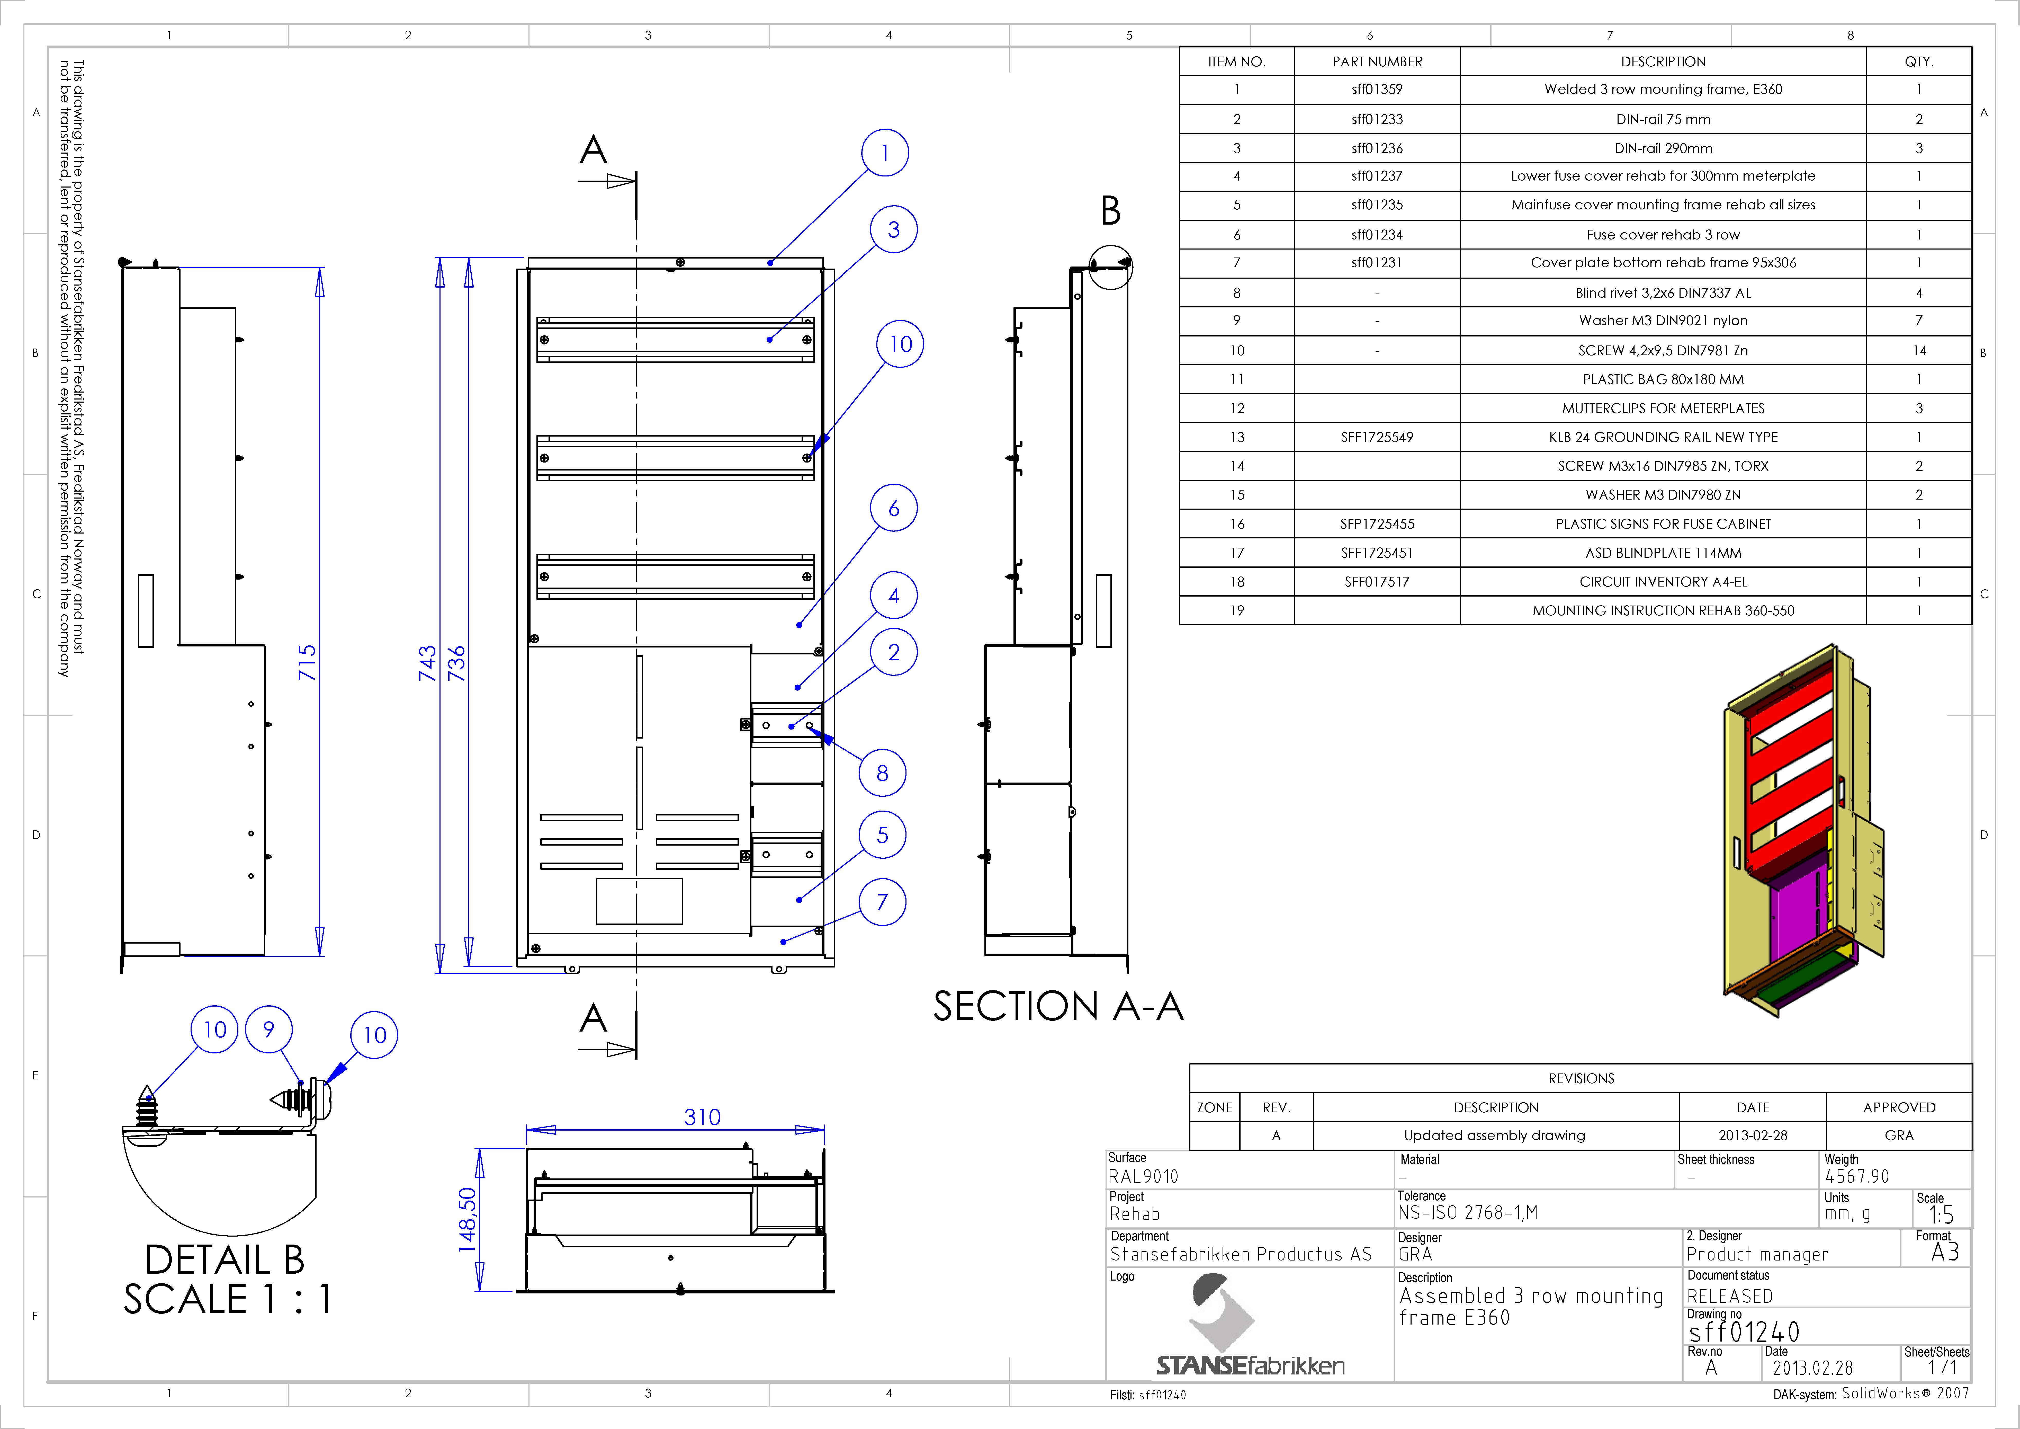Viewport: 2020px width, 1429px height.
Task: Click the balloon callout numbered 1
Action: [x=885, y=153]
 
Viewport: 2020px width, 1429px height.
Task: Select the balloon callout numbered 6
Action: [x=894, y=509]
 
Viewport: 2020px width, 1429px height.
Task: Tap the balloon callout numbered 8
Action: [x=882, y=774]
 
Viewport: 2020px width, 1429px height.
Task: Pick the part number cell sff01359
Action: [x=1377, y=89]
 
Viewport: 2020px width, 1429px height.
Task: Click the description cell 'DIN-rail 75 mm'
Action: [x=1663, y=119]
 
